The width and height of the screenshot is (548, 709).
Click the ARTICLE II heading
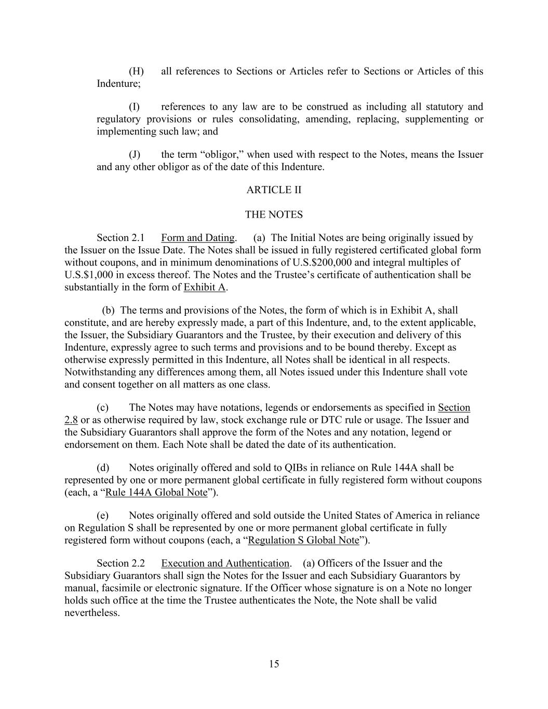pyautogui.click(x=274, y=190)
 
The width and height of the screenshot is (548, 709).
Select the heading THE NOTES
pyautogui.click(x=274, y=215)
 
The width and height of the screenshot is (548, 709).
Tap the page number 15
pyautogui.click(x=274, y=664)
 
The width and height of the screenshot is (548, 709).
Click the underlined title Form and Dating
pyautogui.click(x=198, y=238)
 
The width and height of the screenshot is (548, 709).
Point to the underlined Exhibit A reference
pyautogui.click(x=205, y=287)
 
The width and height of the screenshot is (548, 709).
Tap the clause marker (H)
pyautogui.click(x=136, y=71)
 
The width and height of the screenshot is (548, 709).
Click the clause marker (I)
pyautogui.click(x=134, y=106)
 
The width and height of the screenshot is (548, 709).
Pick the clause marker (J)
pyautogui.click(x=135, y=154)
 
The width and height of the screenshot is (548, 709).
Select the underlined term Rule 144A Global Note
pyautogui.click(x=156, y=492)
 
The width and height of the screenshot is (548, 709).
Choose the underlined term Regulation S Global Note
pyautogui.click(x=304, y=540)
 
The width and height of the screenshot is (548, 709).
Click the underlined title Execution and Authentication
pyautogui.click(x=225, y=563)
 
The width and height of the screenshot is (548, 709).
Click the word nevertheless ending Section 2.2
pyautogui.click(x=91, y=613)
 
